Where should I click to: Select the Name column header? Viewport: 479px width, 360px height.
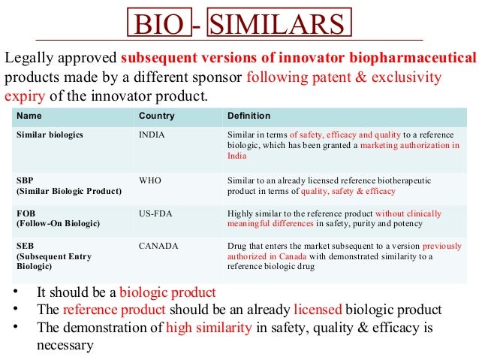[29, 116]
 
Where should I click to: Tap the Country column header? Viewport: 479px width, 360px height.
[156, 116]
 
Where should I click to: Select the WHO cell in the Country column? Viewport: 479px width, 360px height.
[151, 180]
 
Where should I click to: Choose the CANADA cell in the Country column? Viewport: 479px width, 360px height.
[157, 246]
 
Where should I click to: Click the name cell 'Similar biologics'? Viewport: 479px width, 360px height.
[50, 134]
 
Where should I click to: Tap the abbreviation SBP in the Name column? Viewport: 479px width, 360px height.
[25, 180]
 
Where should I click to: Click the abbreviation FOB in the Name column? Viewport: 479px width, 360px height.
[26, 213]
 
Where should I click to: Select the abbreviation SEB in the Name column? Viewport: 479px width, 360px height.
[25, 246]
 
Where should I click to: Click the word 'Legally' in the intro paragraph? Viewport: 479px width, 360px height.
[31, 58]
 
